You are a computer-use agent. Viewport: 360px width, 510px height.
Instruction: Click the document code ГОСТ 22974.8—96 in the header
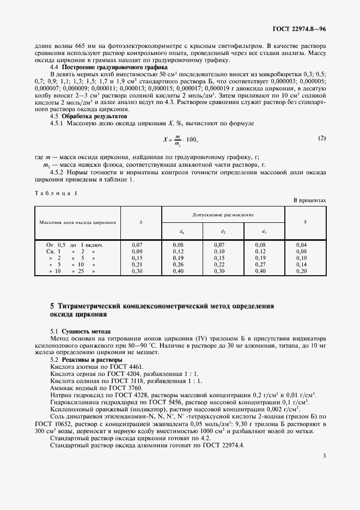[298, 28]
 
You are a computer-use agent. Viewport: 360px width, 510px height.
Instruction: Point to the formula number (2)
[322, 138]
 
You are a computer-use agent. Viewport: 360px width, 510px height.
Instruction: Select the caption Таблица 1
[57, 193]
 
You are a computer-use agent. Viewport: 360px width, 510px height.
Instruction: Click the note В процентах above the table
[310, 201]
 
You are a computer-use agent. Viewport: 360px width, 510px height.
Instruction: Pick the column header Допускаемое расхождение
[223, 216]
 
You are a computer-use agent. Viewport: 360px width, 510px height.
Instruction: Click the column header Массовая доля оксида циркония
[77, 223]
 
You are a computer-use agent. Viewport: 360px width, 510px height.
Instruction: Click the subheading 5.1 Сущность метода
[80, 331]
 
